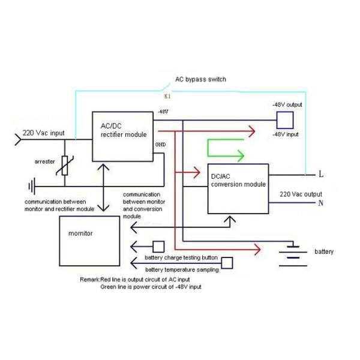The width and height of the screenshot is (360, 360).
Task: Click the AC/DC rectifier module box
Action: [x=122, y=136]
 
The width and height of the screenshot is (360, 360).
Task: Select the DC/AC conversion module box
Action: [x=238, y=188]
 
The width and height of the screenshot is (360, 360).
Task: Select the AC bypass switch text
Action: [x=200, y=79]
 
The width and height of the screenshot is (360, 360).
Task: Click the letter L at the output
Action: [x=321, y=175]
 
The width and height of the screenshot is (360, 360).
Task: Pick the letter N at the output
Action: [x=321, y=203]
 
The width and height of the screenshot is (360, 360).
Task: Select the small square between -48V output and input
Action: [x=284, y=119]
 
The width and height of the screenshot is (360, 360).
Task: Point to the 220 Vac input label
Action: [x=43, y=133]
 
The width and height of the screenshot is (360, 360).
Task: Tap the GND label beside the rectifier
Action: [x=160, y=145]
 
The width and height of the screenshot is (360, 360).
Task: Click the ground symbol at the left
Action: [x=31, y=185]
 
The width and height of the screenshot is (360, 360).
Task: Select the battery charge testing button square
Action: [x=159, y=246]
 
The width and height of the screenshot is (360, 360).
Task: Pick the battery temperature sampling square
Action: [x=227, y=263]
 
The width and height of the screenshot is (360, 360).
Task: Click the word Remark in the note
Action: [x=90, y=280]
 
